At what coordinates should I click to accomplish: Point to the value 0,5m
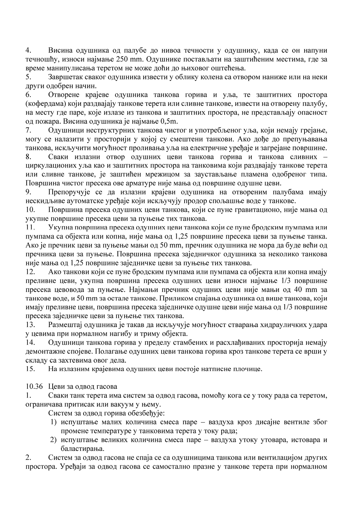pyautogui.click(x=170, y=121)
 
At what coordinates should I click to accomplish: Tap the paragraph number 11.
pyautogui.click(x=30, y=227)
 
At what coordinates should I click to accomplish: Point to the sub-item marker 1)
pyautogui.click(x=54, y=422)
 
